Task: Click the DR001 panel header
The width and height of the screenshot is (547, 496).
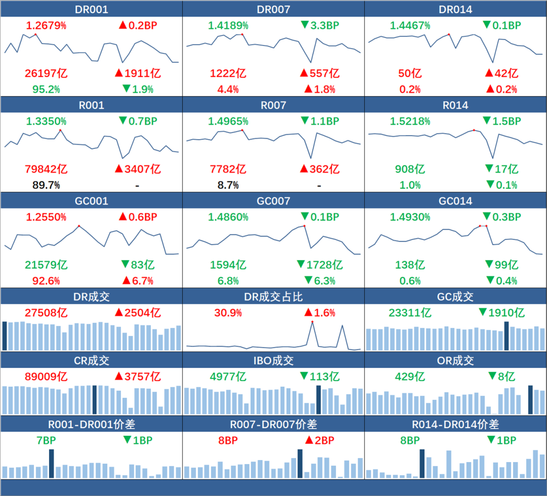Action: pos(91,10)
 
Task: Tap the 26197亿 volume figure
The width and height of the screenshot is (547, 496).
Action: pos(46,73)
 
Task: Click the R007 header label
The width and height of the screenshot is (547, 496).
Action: pos(273,105)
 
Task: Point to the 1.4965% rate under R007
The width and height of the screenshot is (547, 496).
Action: pos(228,122)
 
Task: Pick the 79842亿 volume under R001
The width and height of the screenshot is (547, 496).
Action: pos(46,169)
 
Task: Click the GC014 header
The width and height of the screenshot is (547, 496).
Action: pos(455,201)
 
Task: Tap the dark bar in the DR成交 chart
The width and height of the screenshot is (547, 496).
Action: pos(5,335)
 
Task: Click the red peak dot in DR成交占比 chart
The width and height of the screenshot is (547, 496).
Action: pos(312,322)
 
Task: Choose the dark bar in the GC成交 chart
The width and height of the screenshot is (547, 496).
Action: pos(506,335)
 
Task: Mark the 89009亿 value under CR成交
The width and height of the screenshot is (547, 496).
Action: pos(46,377)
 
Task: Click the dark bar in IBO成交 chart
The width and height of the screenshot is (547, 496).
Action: pos(319,400)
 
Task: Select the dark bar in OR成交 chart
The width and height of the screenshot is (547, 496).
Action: pos(530,400)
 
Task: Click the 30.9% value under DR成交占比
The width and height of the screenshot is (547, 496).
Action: pos(228,313)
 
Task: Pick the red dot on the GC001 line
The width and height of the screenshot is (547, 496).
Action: pos(79,225)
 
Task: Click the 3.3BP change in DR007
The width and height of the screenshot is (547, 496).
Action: pos(320,25)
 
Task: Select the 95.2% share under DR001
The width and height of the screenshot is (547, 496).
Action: pos(46,90)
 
